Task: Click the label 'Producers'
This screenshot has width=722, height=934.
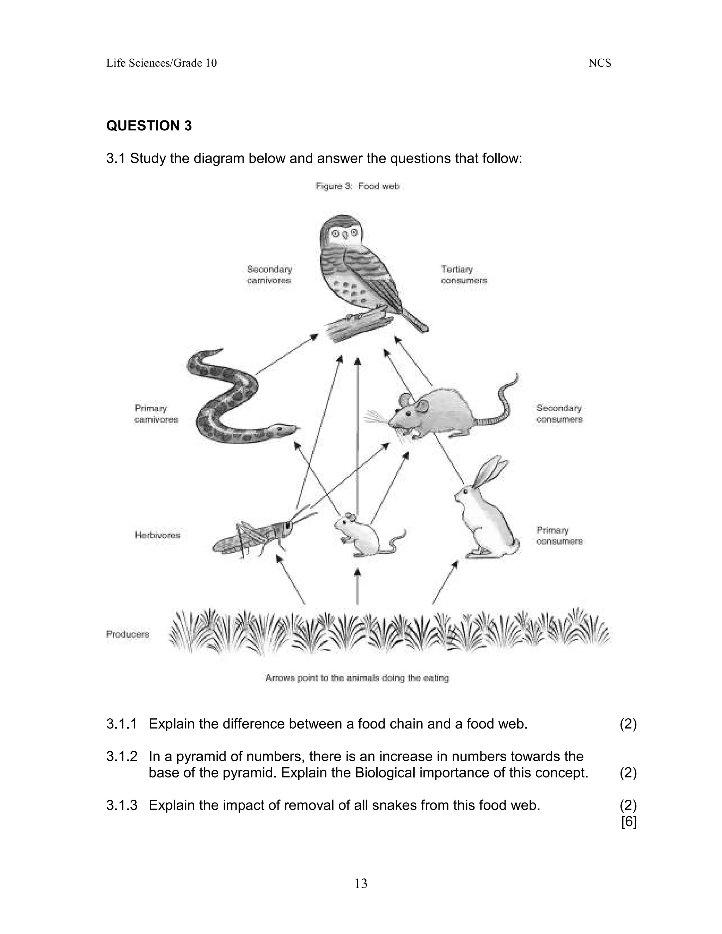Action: click(128, 634)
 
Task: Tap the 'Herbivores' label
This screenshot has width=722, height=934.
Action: click(157, 535)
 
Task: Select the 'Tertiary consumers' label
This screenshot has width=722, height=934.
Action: click(464, 275)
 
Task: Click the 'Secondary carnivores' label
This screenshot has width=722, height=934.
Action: click(269, 275)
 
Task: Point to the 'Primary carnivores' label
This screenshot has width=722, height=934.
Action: click(156, 414)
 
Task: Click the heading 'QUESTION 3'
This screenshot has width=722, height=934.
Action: click(149, 126)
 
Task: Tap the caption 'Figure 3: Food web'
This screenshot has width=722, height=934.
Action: click(357, 186)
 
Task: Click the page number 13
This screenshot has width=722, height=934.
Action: click(361, 884)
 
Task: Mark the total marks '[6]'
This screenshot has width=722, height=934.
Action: click(628, 822)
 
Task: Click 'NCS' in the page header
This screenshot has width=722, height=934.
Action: click(599, 63)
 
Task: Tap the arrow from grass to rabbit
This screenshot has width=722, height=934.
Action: click(445, 583)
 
